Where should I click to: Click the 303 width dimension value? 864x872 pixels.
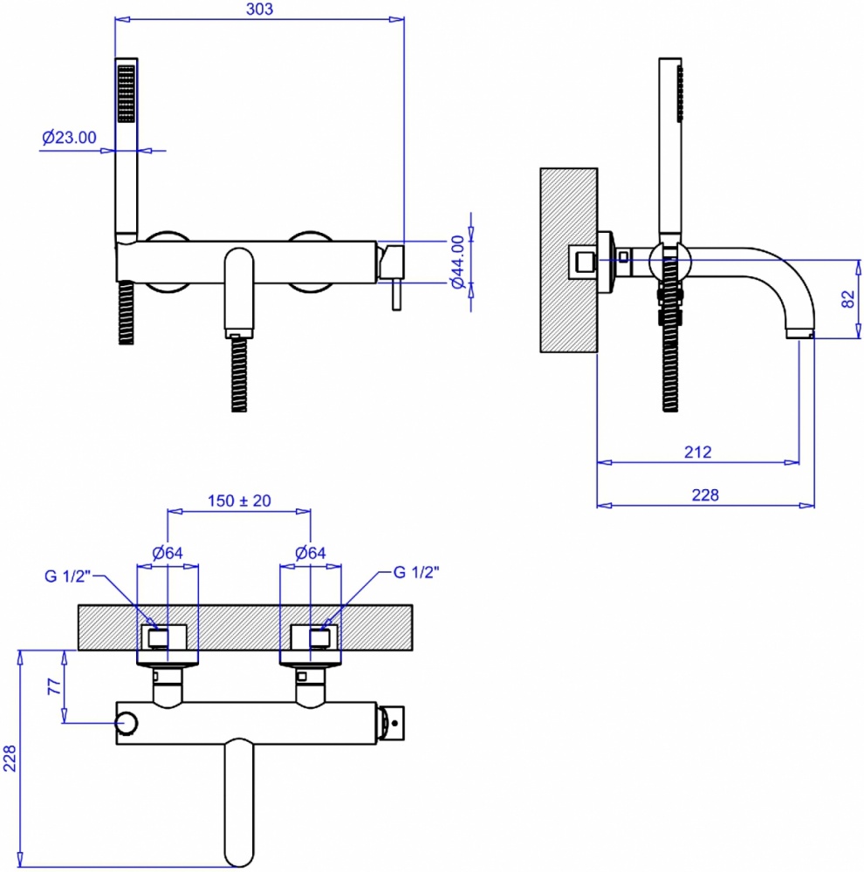tap(259, 9)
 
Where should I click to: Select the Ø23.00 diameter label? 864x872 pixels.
tap(69, 137)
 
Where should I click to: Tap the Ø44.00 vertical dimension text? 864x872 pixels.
tap(457, 262)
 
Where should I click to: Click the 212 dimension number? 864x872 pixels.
tap(697, 452)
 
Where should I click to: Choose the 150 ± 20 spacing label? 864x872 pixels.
tap(239, 501)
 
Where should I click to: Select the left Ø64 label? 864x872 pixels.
tap(168, 553)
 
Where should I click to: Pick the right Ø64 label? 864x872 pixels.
tap(311, 553)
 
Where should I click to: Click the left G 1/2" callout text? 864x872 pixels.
tap(67, 576)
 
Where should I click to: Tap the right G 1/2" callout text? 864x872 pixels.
tap(416, 572)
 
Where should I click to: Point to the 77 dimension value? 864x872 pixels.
tap(54, 686)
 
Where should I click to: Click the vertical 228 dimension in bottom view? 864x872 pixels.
tap(10, 759)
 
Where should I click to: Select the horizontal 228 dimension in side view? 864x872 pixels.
tap(705, 494)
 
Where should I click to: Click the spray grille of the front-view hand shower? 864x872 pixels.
tap(127, 93)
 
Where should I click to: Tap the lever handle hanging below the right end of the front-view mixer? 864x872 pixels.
tap(396, 295)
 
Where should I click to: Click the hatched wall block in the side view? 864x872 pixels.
tap(568, 260)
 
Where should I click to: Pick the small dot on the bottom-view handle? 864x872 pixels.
tap(394, 723)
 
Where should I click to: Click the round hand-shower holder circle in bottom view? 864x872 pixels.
tap(127, 723)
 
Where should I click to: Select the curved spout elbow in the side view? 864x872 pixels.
tap(792, 290)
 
